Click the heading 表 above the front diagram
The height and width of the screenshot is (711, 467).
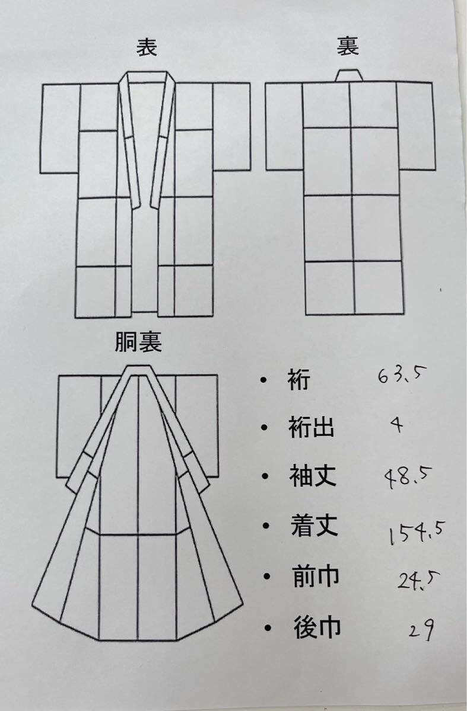(x=147, y=47)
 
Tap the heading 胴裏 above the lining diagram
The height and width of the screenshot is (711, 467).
(x=138, y=343)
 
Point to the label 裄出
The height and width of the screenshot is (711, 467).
(x=309, y=428)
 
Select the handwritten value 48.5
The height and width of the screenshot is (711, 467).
(x=408, y=476)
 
